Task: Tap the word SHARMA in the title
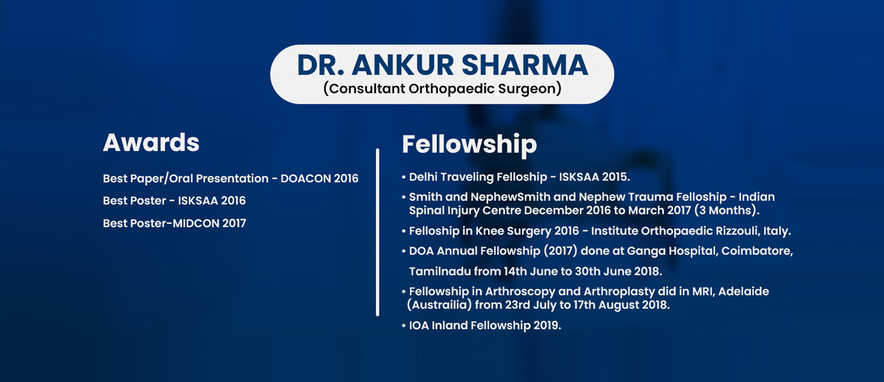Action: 525,65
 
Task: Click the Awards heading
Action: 151,142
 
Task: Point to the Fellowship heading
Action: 469,145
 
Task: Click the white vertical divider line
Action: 377,232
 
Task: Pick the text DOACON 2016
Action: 319,179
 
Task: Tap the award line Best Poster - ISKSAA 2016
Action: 174,200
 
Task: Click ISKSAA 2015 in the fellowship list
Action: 594,177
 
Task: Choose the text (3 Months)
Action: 727,211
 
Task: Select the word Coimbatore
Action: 758,251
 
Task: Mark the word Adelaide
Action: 744,291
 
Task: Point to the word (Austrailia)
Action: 439,305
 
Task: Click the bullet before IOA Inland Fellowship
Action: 404,326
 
